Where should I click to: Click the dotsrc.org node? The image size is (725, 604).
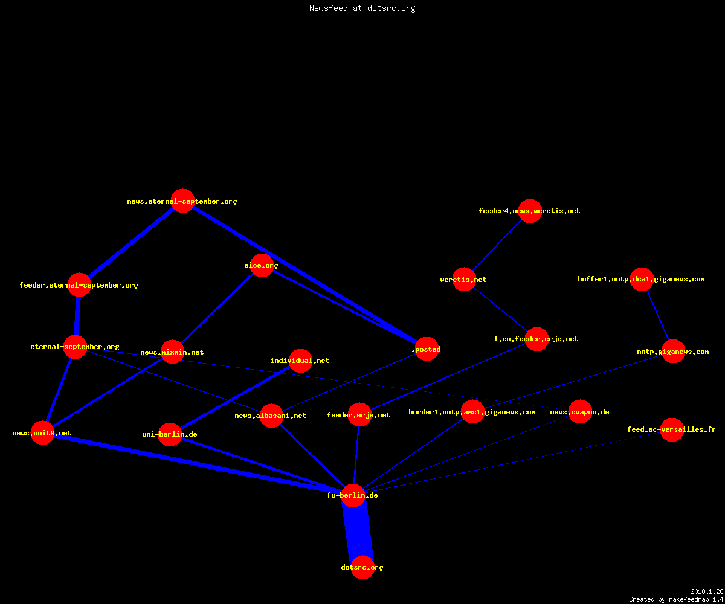[362, 567]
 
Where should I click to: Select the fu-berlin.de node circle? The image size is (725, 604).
[353, 495]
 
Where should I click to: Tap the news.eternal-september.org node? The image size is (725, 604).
[182, 201]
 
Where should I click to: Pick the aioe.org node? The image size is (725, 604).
[262, 265]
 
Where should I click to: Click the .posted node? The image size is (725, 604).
[427, 349]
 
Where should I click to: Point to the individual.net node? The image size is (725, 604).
[300, 361]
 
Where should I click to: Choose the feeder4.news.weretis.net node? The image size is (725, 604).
[530, 211]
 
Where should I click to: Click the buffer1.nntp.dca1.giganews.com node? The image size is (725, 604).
[642, 279]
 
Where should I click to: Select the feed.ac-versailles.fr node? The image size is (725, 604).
[672, 429]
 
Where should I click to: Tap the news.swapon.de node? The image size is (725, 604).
[580, 412]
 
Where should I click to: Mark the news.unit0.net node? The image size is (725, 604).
[42, 433]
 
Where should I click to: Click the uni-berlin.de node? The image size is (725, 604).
[170, 434]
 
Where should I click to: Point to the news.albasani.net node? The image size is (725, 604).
[271, 416]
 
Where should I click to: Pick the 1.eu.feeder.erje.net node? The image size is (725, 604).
[536, 339]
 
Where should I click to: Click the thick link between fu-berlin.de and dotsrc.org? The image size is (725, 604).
[358, 531]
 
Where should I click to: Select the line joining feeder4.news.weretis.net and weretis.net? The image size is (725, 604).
[497, 245]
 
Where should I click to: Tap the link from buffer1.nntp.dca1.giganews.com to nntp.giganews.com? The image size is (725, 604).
[658, 315]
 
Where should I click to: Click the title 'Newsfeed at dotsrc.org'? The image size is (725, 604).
[362, 8]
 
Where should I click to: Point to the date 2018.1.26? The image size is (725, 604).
[707, 591]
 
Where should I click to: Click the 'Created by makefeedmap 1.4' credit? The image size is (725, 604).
[676, 600]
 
